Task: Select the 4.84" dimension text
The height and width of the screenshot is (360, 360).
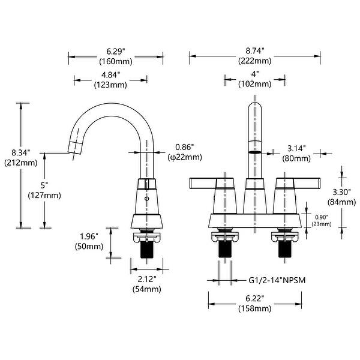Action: pos(110,74)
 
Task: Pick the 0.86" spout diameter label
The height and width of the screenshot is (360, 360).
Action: pos(184,147)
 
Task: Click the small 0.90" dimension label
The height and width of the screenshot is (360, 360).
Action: pos(321,218)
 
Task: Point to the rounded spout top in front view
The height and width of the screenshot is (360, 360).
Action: pos(255,111)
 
